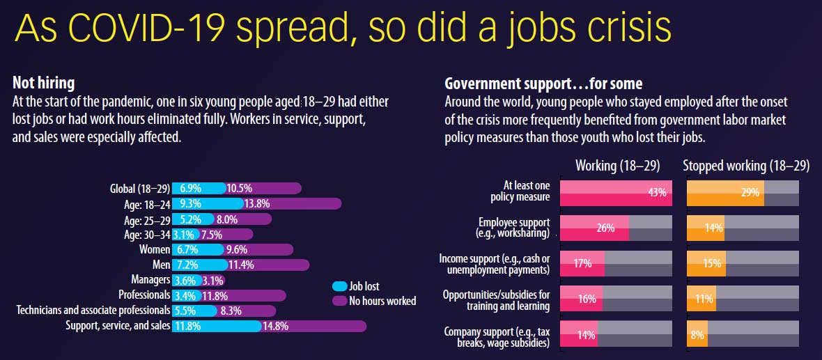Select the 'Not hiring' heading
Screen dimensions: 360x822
pyautogui.click(x=44, y=83)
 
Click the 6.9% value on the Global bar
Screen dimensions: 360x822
pyautogui.click(x=190, y=188)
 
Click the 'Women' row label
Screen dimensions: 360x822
pyautogui.click(x=155, y=249)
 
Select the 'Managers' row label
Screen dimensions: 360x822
pyautogui.click(x=150, y=279)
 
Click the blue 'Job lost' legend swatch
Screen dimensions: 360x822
pyautogui.click(x=340, y=286)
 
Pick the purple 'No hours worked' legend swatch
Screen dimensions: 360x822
pyautogui.click(x=340, y=301)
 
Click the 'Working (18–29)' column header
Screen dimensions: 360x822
pyautogui.click(x=618, y=166)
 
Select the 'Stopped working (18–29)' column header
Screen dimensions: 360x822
pyautogui.click(x=746, y=166)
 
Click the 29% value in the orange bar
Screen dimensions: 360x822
pyautogui.click(x=750, y=193)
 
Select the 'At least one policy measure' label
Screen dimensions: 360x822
pyautogui.click(x=526, y=191)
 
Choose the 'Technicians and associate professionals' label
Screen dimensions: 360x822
pyautogui.click(x=93, y=310)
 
